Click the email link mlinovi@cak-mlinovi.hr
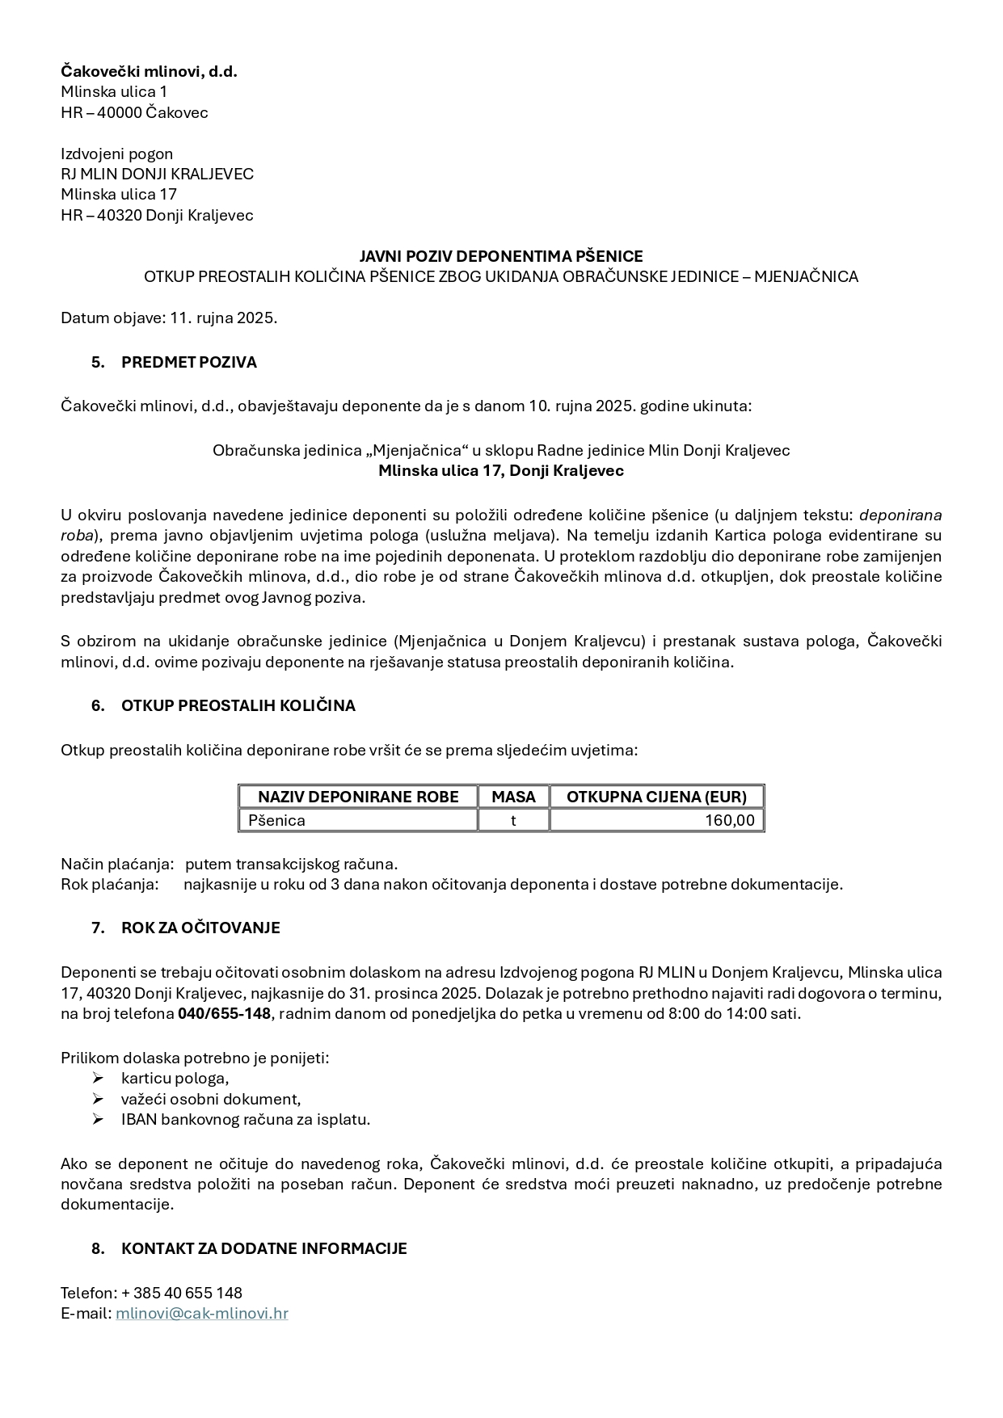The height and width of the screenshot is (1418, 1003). click(201, 1313)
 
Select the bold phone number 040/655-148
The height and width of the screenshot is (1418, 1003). click(224, 1013)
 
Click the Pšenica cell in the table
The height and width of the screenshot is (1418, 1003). click(277, 820)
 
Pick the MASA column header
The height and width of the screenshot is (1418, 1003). click(513, 797)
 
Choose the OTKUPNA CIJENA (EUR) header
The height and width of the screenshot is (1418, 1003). click(656, 797)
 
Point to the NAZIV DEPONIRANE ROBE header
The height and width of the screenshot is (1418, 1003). click(358, 797)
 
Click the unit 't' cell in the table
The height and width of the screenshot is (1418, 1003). click(513, 820)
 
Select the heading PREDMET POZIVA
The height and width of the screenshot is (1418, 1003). click(188, 362)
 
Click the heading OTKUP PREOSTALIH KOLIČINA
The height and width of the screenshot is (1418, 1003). click(238, 705)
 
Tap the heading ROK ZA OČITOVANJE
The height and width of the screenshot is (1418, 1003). click(200, 928)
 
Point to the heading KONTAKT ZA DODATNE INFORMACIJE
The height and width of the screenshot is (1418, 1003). click(263, 1248)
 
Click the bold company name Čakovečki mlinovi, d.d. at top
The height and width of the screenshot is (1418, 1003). click(149, 71)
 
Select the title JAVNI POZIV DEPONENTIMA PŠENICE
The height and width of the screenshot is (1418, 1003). click(501, 256)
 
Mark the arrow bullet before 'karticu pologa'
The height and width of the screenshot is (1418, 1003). click(98, 1078)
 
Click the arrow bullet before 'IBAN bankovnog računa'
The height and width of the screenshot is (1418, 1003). click(98, 1119)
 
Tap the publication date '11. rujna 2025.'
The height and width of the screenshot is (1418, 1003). click(223, 318)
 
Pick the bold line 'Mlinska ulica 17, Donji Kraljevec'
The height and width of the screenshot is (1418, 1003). click(501, 470)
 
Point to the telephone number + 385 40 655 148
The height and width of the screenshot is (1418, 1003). click(182, 1293)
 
